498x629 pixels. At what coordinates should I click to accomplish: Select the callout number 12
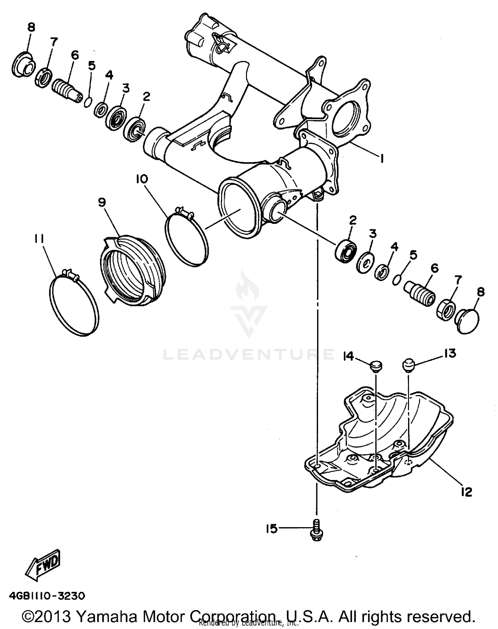(466, 492)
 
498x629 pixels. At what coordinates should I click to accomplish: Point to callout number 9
(102, 202)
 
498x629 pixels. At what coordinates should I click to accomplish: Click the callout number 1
(382, 159)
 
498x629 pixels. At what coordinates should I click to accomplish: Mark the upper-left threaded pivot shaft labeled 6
(67, 90)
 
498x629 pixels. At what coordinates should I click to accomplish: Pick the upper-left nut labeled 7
(43, 77)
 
